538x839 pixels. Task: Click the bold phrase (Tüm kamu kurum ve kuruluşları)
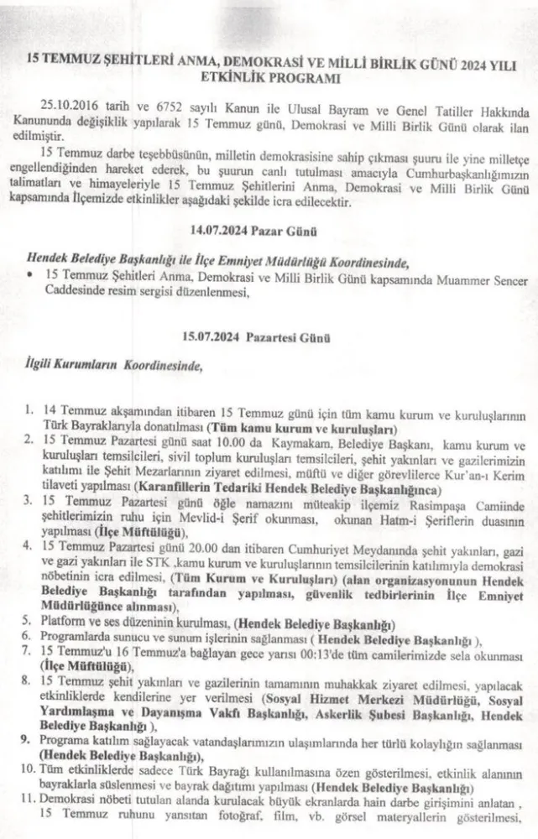(296, 426)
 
